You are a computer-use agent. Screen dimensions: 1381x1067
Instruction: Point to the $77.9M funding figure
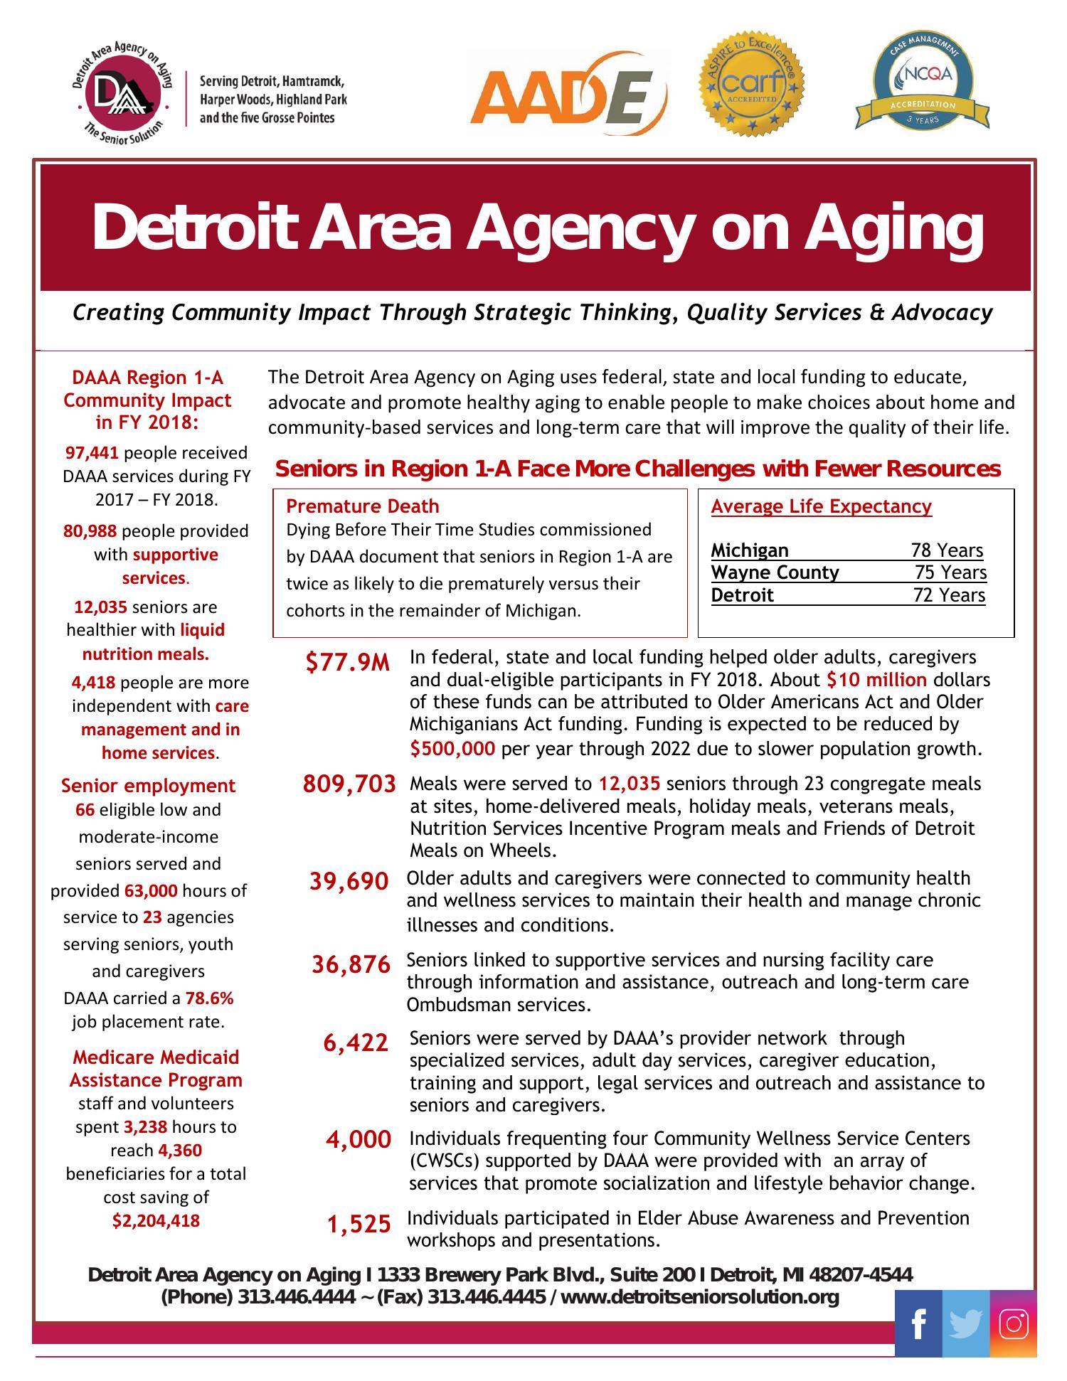(x=348, y=663)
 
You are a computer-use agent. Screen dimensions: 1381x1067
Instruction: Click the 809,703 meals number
(x=349, y=784)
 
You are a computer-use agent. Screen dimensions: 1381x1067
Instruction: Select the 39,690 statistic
(x=349, y=881)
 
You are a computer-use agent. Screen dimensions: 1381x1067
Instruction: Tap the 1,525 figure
(x=359, y=1224)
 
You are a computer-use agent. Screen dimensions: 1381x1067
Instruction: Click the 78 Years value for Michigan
(x=947, y=550)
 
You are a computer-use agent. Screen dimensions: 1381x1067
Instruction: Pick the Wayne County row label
(x=775, y=572)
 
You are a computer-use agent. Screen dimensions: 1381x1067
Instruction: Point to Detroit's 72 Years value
(x=949, y=594)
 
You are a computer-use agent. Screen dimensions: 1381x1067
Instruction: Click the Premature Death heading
(x=362, y=506)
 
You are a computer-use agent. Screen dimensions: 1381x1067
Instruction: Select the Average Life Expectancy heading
(x=821, y=506)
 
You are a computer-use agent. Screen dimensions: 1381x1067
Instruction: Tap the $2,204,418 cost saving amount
(x=156, y=1220)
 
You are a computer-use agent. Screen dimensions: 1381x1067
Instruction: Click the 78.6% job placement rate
(x=210, y=998)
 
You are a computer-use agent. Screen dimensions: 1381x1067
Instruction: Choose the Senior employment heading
(x=148, y=785)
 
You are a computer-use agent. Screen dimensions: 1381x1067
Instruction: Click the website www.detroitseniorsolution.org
(x=700, y=1296)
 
